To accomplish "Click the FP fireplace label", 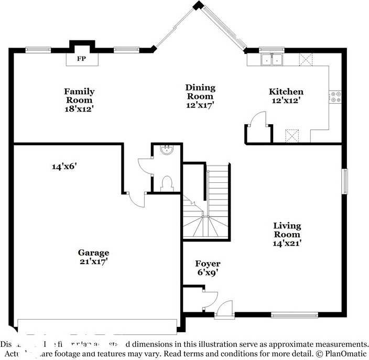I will point(81,59).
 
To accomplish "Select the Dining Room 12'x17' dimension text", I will point(200,105).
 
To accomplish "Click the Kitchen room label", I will point(286,92).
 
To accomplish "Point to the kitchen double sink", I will point(272,60).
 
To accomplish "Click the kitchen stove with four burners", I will point(335,96).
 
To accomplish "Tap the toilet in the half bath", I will point(167,183).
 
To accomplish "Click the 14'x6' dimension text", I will point(64,167).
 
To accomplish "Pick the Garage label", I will point(94,252).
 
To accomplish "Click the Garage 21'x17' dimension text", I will point(94,261).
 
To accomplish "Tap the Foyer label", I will point(208,264).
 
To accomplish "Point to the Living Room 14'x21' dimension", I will point(287,243).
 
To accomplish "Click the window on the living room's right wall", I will point(344,181).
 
